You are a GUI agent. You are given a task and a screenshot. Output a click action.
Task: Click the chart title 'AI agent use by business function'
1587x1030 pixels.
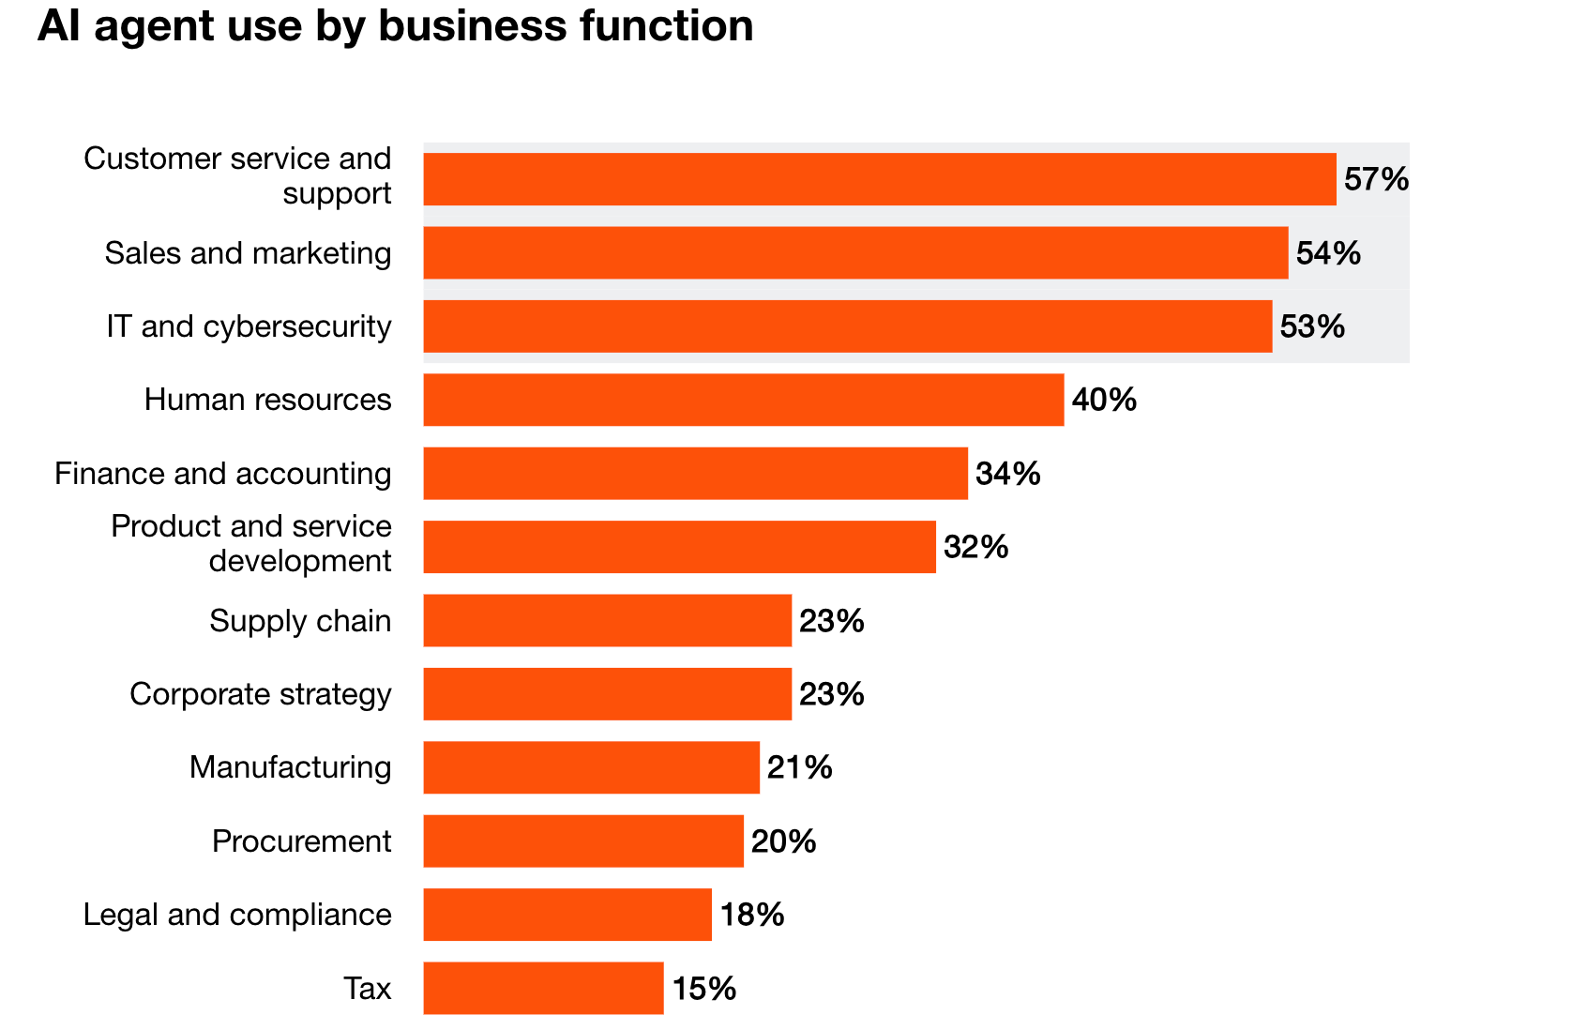click(395, 26)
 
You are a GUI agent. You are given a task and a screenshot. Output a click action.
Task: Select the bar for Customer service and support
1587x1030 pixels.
click(879, 179)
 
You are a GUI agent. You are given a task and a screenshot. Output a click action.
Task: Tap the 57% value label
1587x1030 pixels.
click(1375, 179)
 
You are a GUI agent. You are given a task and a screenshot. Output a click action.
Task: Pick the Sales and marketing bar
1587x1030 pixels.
click(855, 252)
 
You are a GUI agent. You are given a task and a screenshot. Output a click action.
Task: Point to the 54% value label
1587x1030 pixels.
click(1327, 253)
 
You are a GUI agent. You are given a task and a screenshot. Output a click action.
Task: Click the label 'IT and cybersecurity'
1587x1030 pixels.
click(249, 326)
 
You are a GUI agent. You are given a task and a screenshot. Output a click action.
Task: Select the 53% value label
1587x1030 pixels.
click(1311, 326)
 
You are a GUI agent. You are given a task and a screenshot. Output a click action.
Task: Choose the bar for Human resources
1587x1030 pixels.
click(743, 400)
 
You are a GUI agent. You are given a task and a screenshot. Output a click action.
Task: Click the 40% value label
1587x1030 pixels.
click(1103, 401)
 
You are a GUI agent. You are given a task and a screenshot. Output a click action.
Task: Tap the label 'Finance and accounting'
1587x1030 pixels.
click(222, 474)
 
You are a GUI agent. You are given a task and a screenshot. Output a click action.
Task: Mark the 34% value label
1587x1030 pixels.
click(1007, 474)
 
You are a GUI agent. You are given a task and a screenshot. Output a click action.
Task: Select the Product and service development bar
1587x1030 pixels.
click(679, 547)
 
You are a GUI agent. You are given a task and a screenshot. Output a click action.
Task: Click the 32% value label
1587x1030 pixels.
click(975, 547)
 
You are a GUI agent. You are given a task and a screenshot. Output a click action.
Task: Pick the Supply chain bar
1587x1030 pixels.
click(607, 620)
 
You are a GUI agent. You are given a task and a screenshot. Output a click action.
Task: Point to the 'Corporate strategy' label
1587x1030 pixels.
click(260, 694)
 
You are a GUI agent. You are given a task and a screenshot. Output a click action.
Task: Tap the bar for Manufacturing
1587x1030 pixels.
click(591, 767)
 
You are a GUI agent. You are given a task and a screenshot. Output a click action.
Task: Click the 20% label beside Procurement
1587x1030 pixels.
click(783, 841)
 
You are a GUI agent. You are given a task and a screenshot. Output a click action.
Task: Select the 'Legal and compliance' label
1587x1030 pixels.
click(237, 915)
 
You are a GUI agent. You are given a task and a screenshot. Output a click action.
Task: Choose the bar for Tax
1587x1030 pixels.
click(543, 988)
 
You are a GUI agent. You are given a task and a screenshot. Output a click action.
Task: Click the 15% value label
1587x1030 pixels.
click(703, 989)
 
